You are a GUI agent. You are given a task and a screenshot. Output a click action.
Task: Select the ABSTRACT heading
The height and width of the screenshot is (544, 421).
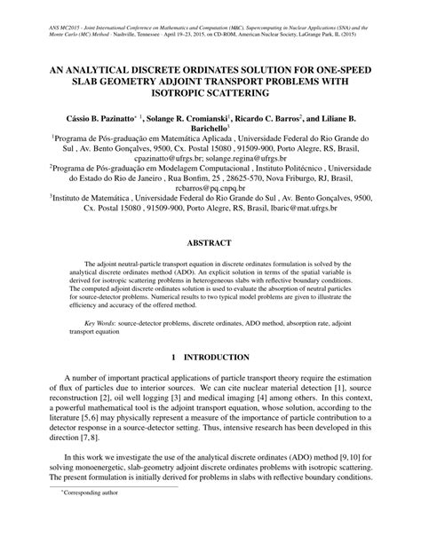pyautogui.click(x=210, y=242)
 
